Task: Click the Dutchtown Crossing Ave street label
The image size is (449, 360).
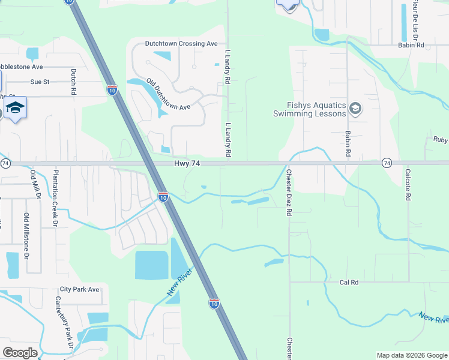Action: click(x=181, y=44)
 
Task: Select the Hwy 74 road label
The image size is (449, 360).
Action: click(x=186, y=163)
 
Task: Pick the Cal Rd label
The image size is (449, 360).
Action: click(x=348, y=282)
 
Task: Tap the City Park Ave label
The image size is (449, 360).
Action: click(x=79, y=289)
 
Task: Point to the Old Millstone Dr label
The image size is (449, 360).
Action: click(x=26, y=235)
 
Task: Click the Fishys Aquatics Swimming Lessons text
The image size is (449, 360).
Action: click(x=310, y=109)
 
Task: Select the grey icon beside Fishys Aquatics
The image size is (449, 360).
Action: click(x=355, y=109)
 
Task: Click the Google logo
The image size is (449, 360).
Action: click(x=20, y=353)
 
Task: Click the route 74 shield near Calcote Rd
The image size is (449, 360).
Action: click(x=387, y=163)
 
